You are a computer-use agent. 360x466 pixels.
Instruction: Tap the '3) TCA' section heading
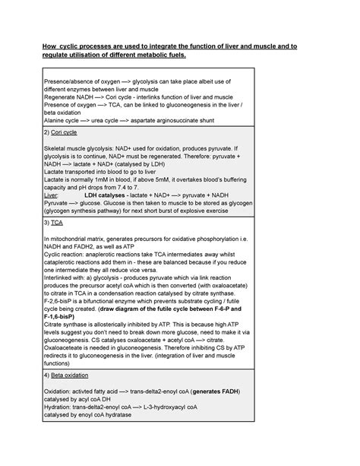pyautogui.click(x=55, y=225)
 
